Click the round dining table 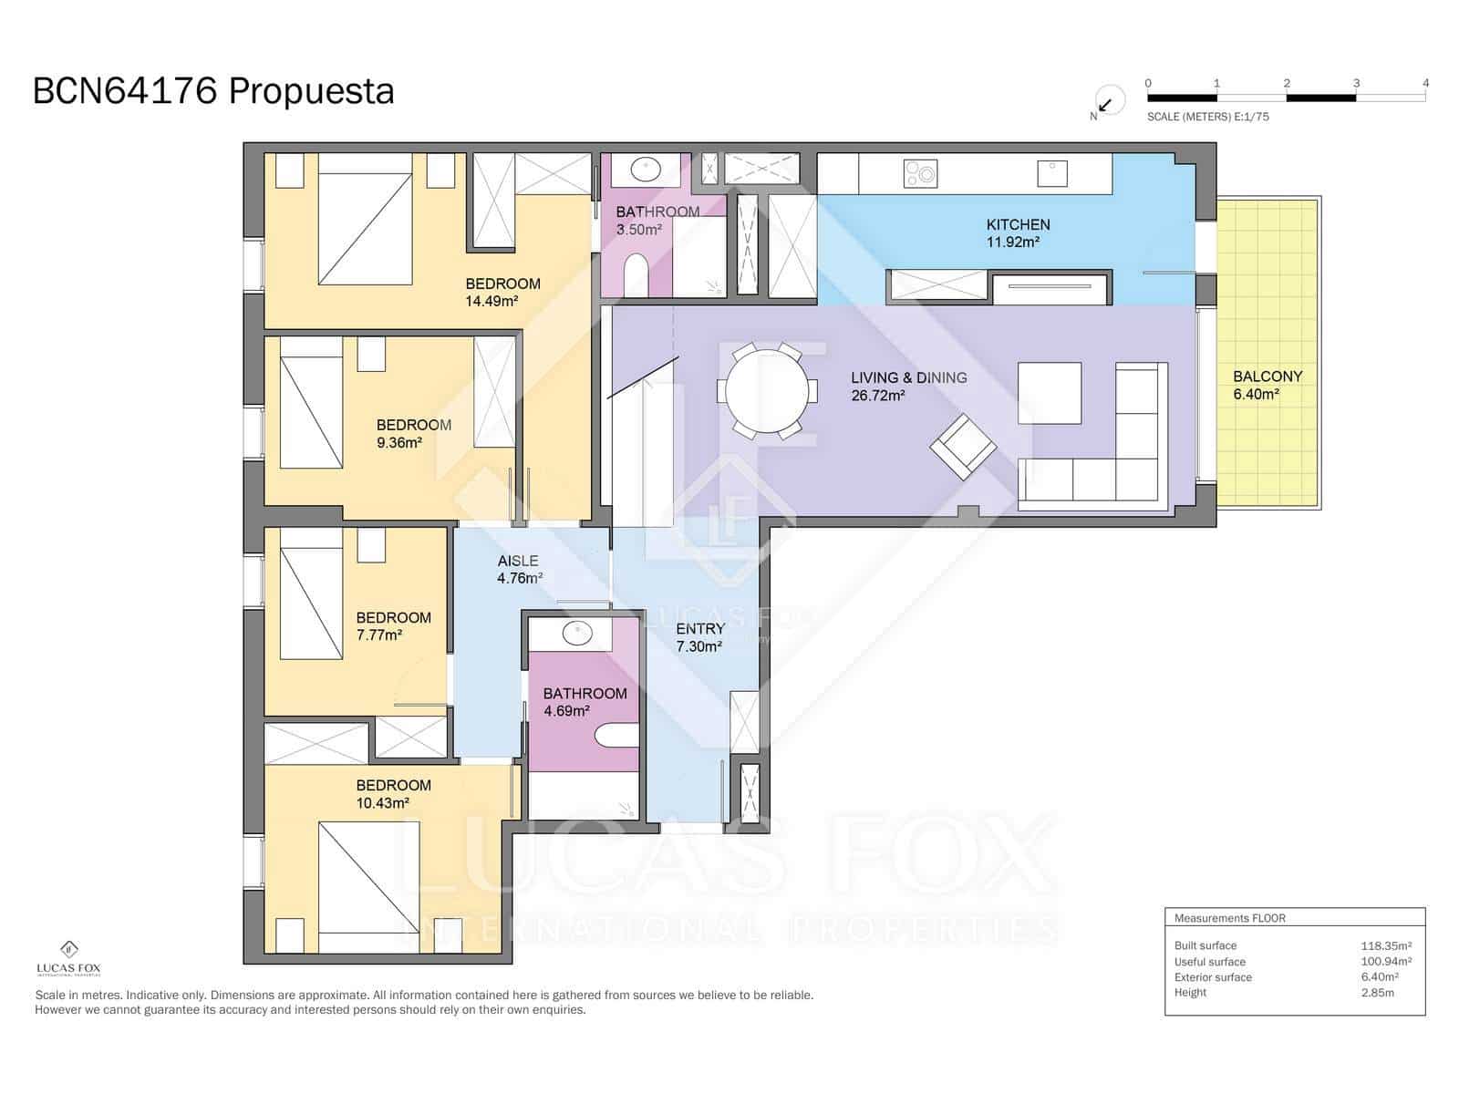[767, 391]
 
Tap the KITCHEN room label [1018, 224]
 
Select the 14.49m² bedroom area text [492, 301]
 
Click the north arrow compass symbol [1108, 100]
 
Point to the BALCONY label [1267, 376]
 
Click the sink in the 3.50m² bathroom [647, 169]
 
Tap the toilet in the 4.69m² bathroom [616, 735]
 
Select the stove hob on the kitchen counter [920, 173]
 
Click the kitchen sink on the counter [1051, 172]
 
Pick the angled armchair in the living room [963, 447]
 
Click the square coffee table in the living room [1050, 393]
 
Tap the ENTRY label [700, 629]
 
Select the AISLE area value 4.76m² [520, 578]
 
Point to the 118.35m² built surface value [1386, 945]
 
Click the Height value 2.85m [1377, 992]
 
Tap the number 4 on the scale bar [1425, 83]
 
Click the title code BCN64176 [125, 91]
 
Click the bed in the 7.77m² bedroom [311, 602]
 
